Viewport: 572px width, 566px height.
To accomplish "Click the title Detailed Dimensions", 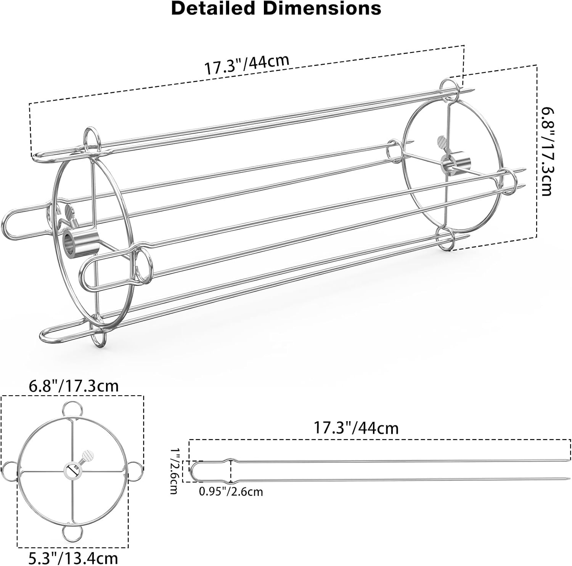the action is point(276,8).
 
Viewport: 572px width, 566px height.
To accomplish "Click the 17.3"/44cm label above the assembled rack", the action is point(247,64).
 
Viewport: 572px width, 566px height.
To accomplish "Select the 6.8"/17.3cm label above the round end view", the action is point(74,386).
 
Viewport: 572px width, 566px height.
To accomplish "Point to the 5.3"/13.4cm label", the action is point(73,558).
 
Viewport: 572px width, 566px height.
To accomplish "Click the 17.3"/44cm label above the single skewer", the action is point(356,428).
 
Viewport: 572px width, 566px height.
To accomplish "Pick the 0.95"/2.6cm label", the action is point(231,492).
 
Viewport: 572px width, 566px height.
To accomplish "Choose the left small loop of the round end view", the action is point(10,471).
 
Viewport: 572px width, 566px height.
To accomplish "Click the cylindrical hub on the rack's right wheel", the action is point(456,164).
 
